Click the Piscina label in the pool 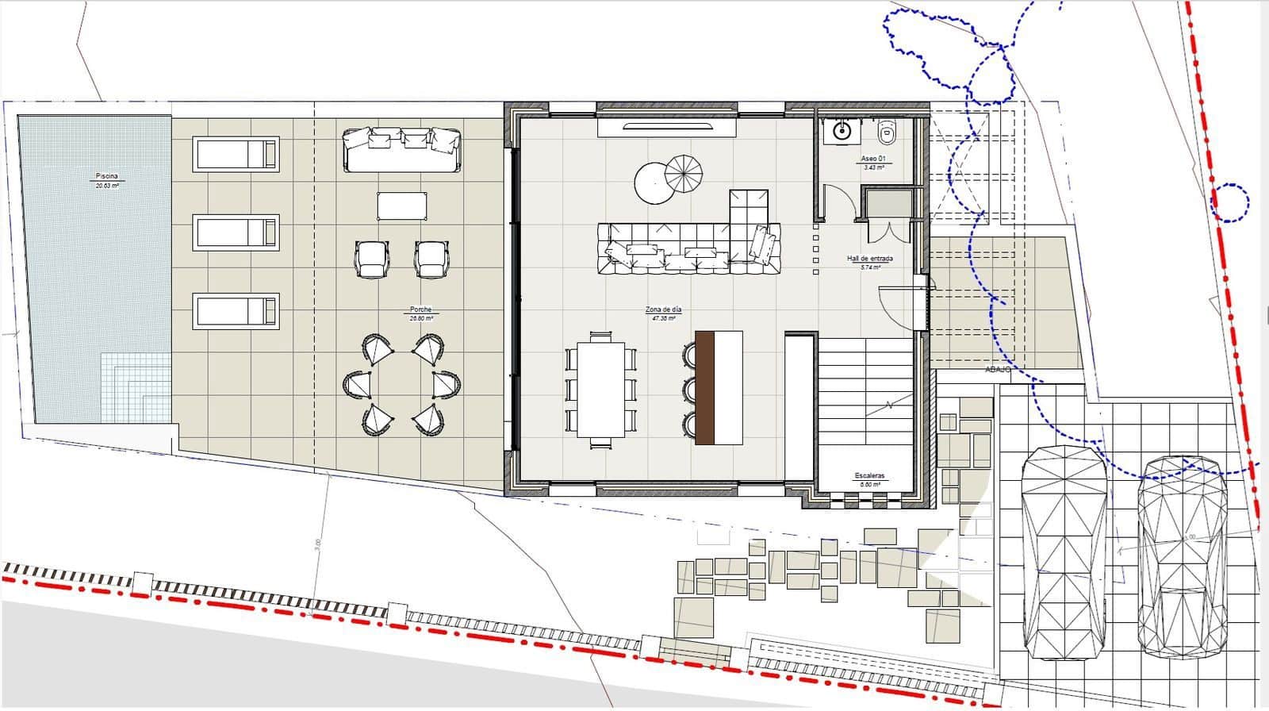tap(107, 175)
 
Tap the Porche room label tap(421, 310)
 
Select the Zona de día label tap(663, 309)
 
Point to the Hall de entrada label tap(870, 259)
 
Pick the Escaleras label tap(870, 476)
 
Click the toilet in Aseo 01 tap(888, 132)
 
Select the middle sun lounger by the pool tap(236, 233)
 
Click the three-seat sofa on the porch tap(402, 148)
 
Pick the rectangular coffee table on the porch tap(402, 206)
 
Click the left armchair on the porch tap(372, 259)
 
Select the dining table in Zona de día tap(601, 389)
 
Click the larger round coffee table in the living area tap(653, 183)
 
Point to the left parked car tap(1064, 552)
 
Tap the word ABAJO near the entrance tap(999, 370)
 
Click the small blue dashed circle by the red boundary tap(1230, 202)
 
